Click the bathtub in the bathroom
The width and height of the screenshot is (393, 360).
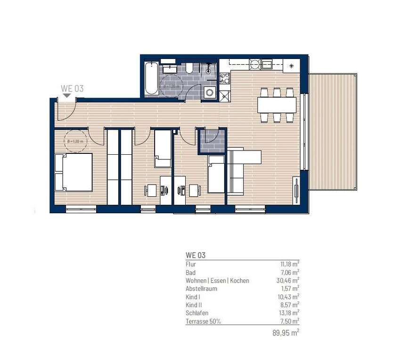[152, 78]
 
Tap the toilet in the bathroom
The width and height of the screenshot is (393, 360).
[189, 69]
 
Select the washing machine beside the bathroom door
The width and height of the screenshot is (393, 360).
[209, 92]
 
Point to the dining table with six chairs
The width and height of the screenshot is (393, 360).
[277, 104]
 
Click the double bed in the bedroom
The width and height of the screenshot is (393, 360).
[74, 172]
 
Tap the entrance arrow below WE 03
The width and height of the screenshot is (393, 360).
[67, 95]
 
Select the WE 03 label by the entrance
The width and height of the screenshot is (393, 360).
[72, 88]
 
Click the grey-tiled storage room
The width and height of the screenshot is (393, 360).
[211, 141]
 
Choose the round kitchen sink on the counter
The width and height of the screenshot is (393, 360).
[255, 64]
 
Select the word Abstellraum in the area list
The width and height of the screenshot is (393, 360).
[202, 289]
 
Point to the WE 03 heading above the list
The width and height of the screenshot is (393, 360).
[196, 255]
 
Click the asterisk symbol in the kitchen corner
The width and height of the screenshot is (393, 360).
[291, 66]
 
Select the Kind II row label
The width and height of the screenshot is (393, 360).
[194, 305]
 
